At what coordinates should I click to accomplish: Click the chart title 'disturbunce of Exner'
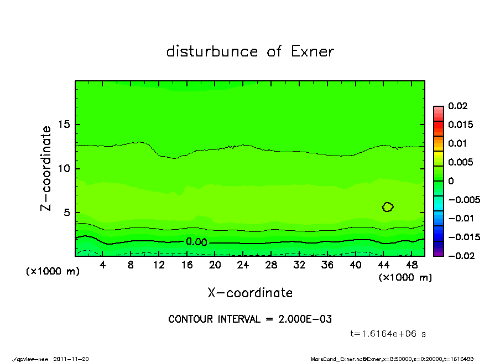click(x=250, y=51)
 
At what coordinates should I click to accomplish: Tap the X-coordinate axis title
click(x=250, y=293)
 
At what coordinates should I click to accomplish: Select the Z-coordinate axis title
click(x=46, y=168)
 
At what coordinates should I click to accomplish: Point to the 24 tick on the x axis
click(x=243, y=265)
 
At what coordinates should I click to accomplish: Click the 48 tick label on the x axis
click(x=412, y=265)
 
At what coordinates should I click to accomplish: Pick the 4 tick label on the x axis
click(x=103, y=265)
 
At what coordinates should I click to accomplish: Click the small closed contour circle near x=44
click(x=388, y=207)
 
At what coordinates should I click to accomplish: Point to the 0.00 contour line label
click(x=196, y=242)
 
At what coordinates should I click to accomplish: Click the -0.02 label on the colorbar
click(x=459, y=256)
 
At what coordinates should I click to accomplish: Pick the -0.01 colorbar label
click(x=459, y=218)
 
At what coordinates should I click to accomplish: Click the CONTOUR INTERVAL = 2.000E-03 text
click(x=250, y=319)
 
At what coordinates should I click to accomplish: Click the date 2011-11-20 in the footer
click(x=71, y=359)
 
